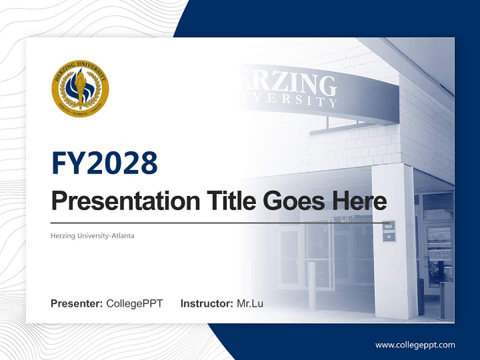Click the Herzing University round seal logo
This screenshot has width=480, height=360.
pos(80,89)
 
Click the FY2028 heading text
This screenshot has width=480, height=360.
pos(104,163)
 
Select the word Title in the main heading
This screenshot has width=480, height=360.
pos(230,201)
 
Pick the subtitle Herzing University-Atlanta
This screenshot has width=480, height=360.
pos(92,235)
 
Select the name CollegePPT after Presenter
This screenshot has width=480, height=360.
pos(134,303)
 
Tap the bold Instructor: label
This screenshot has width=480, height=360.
pos(206,303)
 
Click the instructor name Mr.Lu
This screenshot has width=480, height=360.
pos(250,303)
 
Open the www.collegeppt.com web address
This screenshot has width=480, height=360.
pos(415,345)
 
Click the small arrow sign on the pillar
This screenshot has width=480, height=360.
pos(389,231)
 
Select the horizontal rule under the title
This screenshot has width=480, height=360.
pos(215,222)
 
